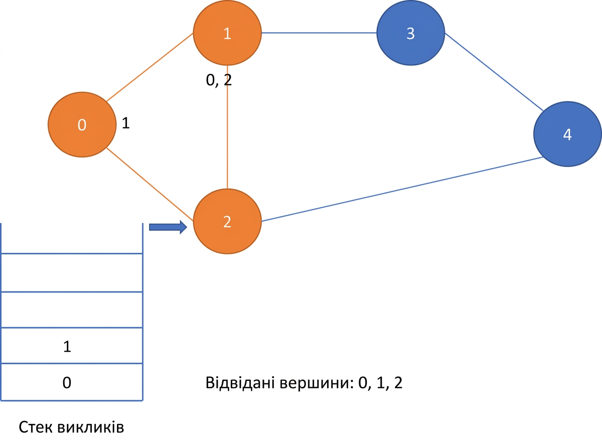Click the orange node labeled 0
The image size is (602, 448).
[82, 124]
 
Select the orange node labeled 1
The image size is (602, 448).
[227, 33]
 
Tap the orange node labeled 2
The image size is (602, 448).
[227, 221]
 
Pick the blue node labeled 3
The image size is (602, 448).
[411, 33]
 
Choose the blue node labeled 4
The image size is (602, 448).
[567, 134]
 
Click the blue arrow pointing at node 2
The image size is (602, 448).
[168, 227]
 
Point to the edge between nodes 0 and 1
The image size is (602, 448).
[150, 67]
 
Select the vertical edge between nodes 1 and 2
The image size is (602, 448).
[227, 127]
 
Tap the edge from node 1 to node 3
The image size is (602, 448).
[319, 33]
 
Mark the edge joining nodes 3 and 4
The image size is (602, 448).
[494, 72]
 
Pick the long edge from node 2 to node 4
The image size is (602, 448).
[402, 189]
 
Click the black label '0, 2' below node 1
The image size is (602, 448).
[219, 80]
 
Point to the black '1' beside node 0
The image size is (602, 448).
[125, 123]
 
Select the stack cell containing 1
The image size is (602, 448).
[72, 346]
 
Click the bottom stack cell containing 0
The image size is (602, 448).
[72, 382]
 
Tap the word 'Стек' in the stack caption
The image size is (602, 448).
[35, 427]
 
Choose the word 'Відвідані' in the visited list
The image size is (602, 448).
[240, 383]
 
